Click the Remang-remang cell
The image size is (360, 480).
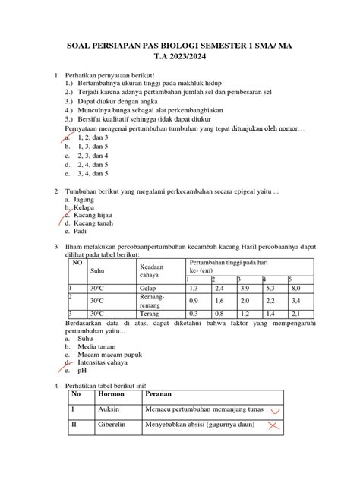(153, 302)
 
